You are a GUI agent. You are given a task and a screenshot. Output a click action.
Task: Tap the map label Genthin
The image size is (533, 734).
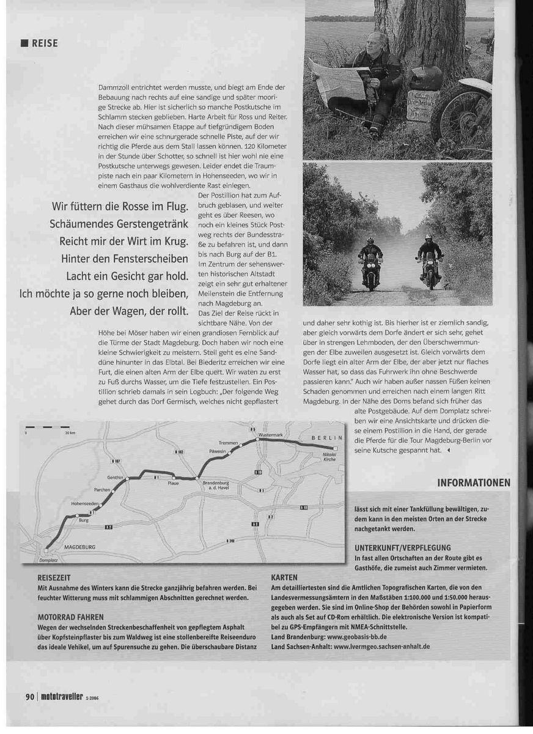115,477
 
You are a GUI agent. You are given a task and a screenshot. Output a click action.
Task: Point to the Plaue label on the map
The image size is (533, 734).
173,483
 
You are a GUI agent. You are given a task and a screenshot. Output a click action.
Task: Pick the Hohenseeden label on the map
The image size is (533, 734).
84,502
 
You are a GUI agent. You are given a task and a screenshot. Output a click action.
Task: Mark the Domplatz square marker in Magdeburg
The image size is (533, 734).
46,550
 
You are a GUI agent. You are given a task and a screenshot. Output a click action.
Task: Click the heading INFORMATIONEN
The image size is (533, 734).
474,483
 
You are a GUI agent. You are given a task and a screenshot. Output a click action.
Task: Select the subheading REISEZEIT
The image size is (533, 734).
54,577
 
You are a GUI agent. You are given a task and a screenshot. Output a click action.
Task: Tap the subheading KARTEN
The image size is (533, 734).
284,577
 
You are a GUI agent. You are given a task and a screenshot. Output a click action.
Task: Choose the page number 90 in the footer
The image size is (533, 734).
29,697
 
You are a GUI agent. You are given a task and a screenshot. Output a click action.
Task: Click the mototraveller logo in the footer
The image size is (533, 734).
65,697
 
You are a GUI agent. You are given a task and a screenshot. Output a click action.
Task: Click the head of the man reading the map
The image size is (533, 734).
378,43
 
